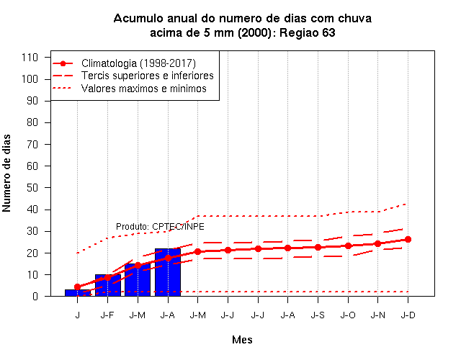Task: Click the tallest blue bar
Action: click(168, 272)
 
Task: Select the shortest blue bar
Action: click(78, 293)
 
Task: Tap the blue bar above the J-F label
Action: click(107, 285)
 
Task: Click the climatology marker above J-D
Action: click(408, 240)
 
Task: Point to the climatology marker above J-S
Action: click(318, 247)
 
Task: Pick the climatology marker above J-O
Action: click(348, 246)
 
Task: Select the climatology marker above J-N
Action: click(377, 243)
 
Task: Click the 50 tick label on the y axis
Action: click(32, 187)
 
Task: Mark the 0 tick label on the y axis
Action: click(35, 296)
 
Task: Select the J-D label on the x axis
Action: click(408, 315)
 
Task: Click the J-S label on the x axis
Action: click(318, 315)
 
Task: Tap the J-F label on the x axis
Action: click(107, 315)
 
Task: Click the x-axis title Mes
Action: click(242, 340)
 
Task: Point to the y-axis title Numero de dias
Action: click(6, 173)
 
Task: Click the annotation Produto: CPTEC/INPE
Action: click(160, 227)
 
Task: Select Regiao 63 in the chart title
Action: click(307, 32)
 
